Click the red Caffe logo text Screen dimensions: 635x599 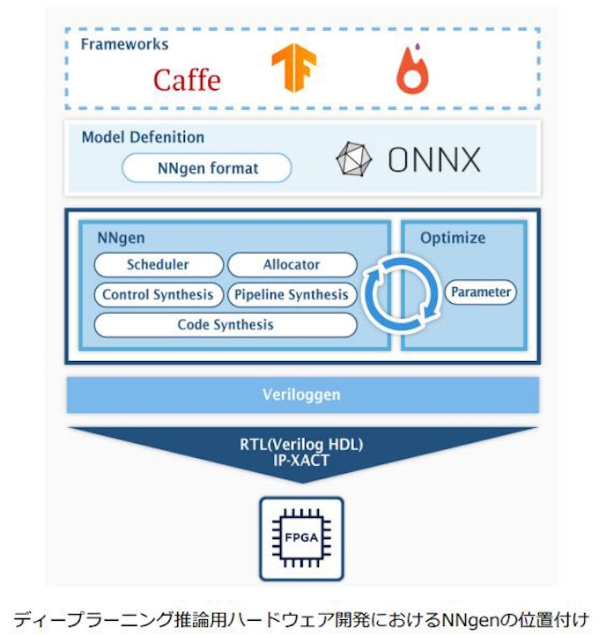(186, 79)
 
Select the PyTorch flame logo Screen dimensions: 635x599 (411, 71)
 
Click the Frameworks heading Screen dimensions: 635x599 (124, 44)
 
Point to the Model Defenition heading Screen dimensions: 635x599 (143, 137)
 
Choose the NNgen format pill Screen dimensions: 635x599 (206, 167)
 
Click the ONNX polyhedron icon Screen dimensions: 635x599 (355, 159)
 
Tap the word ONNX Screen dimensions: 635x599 (433, 160)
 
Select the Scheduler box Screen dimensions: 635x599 (158, 264)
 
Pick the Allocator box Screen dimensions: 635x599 (292, 264)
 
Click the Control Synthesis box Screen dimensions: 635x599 (158, 294)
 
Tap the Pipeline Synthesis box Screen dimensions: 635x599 (292, 294)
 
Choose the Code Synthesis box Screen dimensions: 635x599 (226, 324)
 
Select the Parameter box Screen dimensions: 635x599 (479, 292)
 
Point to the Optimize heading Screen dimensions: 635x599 (453, 238)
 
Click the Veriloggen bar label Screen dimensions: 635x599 (301, 395)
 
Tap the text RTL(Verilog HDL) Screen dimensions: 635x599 (302, 444)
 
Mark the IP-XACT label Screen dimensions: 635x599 (302, 459)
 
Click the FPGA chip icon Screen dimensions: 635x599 (301, 536)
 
